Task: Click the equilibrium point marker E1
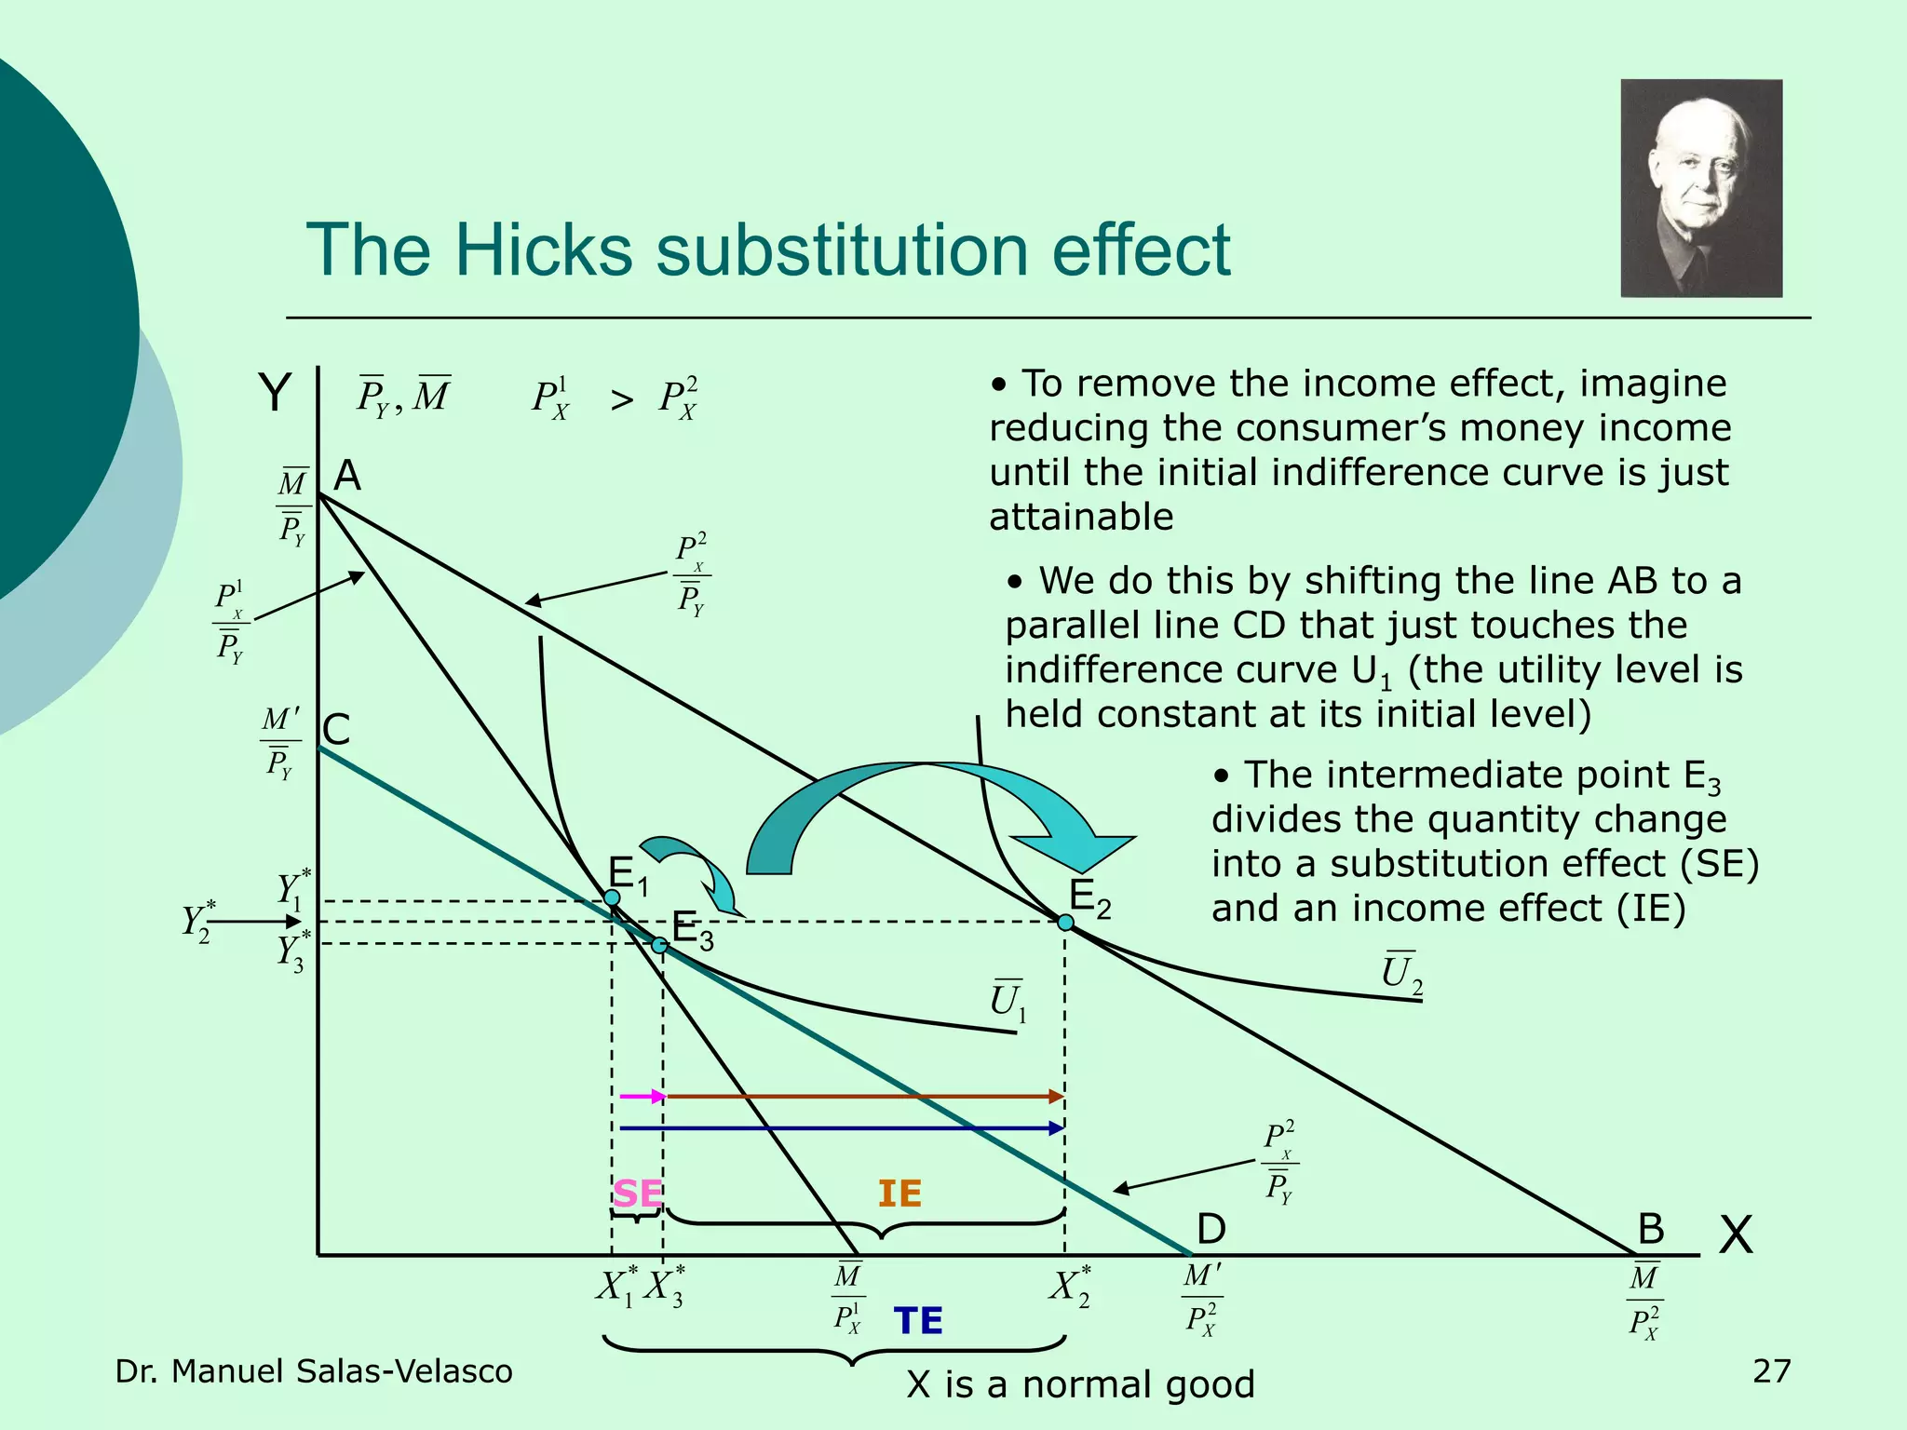[612, 897]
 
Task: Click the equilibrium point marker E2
[1065, 923]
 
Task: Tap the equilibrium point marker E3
[659, 945]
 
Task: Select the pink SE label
[638, 1194]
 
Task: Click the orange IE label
[899, 1194]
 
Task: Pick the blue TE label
[918, 1321]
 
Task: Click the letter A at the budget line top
[347, 476]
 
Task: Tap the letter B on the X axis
[1650, 1229]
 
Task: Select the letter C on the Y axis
[336, 730]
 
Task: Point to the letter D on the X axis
[1210, 1229]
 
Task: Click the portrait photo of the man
[1701, 188]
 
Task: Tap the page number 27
[1771, 1371]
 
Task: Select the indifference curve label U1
[1008, 1001]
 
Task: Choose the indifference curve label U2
[1400, 974]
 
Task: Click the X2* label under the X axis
[1070, 1287]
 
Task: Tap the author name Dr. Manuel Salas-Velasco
[314, 1371]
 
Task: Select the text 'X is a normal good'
[1080, 1384]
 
